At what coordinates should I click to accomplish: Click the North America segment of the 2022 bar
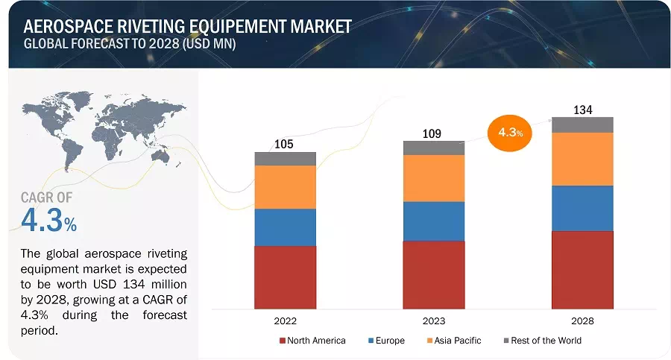(x=285, y=277)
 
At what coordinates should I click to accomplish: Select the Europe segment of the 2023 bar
(x=433, y=221)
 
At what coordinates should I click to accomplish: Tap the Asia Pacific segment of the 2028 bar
(x=582, y=159)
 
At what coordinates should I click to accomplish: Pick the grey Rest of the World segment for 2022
(x=285, y=159)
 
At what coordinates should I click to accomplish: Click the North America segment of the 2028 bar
(x=582, y=269)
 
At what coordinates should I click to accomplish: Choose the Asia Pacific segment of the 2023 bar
(x=433, y=178)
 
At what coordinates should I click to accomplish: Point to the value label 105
(x=285, y=143)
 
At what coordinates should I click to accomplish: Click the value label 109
(x=432, y=133)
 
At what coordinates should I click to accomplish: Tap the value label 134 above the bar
(x=582, y=110)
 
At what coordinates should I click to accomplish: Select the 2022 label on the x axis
(x=285, y=321)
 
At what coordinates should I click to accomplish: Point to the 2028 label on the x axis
(x=582, y=321)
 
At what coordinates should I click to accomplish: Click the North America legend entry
(x=312, y=341)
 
